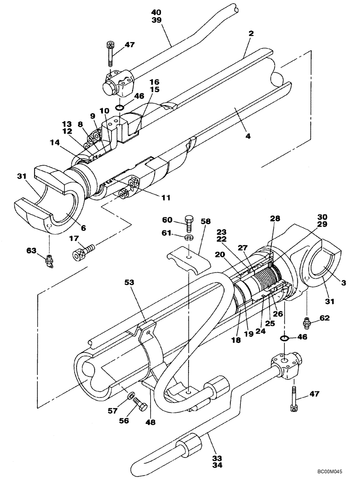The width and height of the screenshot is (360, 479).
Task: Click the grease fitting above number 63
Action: [48, 262]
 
